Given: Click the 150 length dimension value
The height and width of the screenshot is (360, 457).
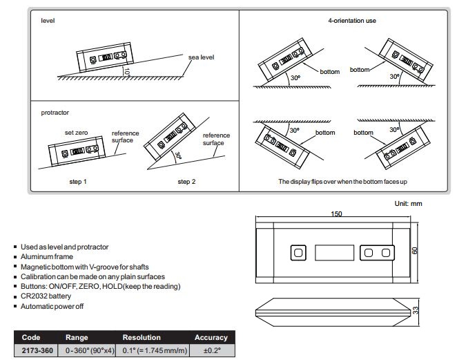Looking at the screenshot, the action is pos(336,214).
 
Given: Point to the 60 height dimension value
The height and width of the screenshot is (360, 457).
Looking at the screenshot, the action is pos(414,250).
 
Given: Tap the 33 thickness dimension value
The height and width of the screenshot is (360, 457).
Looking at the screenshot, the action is pos(416,310).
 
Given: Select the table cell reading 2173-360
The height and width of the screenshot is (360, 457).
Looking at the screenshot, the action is pos(37,350).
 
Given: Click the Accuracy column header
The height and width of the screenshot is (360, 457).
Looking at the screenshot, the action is pos(211,337).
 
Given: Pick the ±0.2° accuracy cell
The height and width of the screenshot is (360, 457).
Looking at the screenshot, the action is pos(212,350).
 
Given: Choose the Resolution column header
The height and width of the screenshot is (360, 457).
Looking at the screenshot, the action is pos(142,337).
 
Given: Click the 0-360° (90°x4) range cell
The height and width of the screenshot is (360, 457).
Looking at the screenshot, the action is pos(90,350).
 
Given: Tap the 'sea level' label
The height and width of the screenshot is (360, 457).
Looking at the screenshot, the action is pos(201,57).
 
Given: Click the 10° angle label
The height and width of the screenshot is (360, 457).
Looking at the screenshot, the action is pos(126,71).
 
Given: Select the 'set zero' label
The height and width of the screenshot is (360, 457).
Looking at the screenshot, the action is pos(76,133).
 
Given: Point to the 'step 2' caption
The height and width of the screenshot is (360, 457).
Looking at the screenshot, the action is pos(186,182).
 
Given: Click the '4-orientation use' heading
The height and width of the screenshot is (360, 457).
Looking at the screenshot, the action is pos(352,21).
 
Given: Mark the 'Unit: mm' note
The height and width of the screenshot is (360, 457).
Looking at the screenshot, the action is pos(408,203).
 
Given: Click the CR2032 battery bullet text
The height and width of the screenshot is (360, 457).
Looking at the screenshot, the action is pos(46,296).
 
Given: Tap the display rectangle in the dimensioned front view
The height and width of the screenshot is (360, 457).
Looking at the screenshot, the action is pos(334,252).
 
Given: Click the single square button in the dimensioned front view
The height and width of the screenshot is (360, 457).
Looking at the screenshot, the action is pos(298,252).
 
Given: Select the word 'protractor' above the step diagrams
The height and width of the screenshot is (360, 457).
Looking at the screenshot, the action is pos(55,113).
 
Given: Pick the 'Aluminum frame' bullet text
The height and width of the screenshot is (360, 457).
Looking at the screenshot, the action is pos(47,257).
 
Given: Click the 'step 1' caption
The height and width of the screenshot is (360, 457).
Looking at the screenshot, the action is pos(78,182).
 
